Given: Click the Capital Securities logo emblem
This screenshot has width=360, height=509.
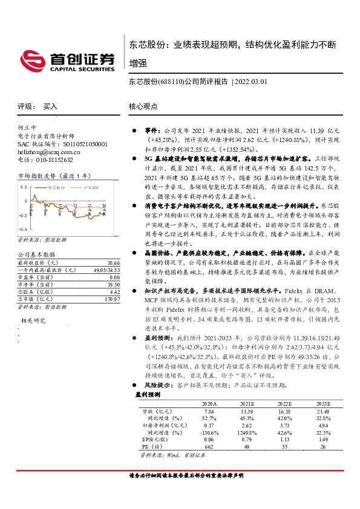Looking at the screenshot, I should (x=31, y=59).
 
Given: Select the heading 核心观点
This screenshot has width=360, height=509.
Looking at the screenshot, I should (x=143, y=106).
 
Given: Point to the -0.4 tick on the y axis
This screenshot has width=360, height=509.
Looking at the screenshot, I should (x=23, y=230).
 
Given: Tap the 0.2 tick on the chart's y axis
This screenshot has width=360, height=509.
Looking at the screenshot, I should (x=24, y=186).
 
